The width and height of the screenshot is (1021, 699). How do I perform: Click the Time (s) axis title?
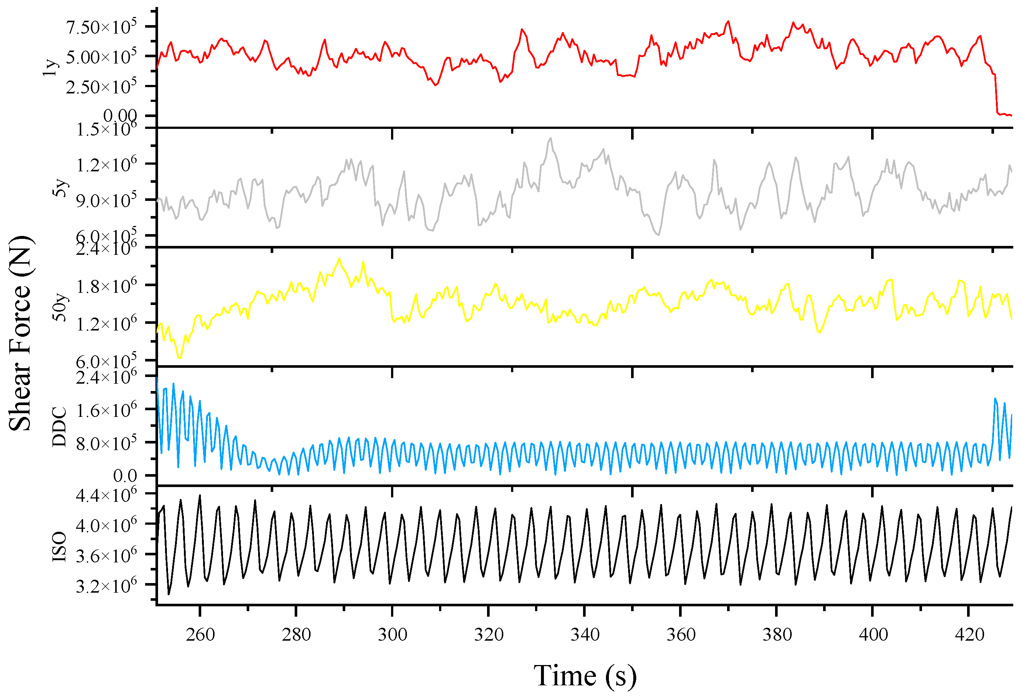[x=585, y=675]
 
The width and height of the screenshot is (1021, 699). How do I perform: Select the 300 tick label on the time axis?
[x=392, y=634]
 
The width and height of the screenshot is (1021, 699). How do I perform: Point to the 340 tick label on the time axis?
[x=585, y=634]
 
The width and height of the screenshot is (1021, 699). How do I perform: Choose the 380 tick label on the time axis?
[x=777, y=634]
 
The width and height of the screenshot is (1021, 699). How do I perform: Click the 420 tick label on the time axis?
[x=969, y=634]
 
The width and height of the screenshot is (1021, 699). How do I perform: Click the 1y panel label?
[x=51, y=67]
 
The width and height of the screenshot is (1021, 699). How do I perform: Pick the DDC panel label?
[x=59, y=426]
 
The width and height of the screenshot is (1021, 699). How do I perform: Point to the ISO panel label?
[x=59, y=546]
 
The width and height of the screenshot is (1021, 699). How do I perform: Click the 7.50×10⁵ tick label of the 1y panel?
[x=101, y=27]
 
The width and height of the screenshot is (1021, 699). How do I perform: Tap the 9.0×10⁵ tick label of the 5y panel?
[x=106, y=201]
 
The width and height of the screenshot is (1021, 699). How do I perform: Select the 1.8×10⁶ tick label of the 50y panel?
[x=106, y=287]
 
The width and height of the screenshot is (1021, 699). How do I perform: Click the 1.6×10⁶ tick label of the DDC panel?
[x=106, y=410]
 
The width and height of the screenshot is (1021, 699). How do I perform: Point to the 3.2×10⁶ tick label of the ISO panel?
[x=106, y=586]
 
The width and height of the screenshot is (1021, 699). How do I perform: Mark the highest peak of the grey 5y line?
[x=551, y=138]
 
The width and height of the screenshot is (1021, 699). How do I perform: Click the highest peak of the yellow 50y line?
[x=339, y=259]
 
